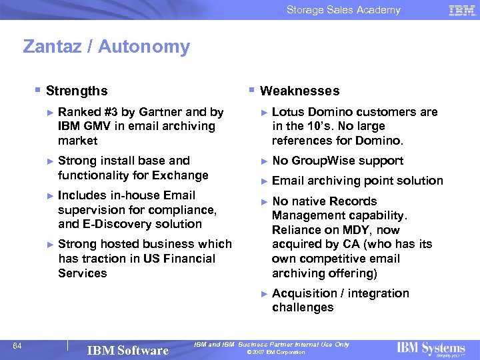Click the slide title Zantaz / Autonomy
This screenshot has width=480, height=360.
(106, 47)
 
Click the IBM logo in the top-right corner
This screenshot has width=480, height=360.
(461, 10)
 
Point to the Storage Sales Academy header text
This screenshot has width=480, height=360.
(343, 10)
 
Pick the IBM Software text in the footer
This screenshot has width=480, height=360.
(128, 350)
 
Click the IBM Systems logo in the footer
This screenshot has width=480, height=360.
(431, 348)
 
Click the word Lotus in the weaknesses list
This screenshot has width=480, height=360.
(287, 112)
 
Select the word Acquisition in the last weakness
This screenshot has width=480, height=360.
(304, 293)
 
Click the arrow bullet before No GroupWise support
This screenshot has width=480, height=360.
(264, 161)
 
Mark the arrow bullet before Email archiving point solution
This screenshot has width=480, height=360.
(264, 181)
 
